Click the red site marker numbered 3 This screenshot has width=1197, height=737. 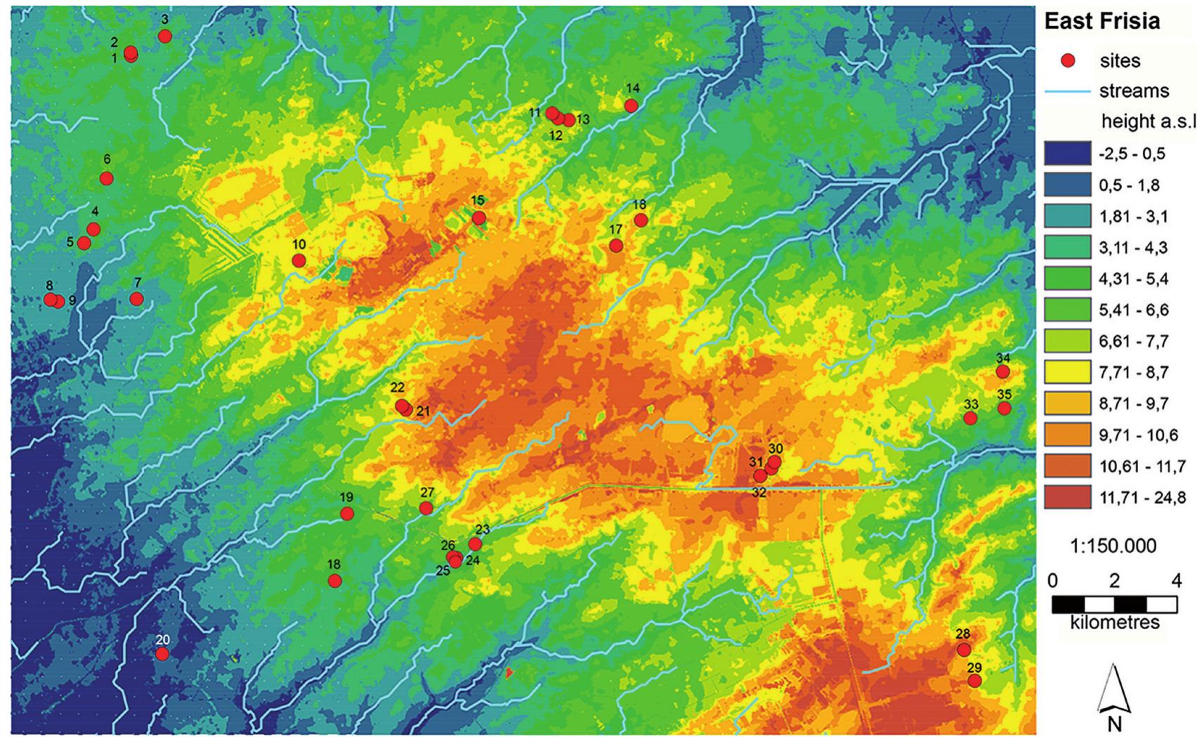[165, 36]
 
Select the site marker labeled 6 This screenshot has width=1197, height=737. [107, 178]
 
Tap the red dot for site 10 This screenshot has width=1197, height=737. [299, 260]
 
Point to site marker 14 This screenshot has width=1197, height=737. [631, 105]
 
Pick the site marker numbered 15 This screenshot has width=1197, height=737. [478, 218]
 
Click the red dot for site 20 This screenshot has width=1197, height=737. [162, 653]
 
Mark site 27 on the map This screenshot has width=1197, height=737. [426, 508]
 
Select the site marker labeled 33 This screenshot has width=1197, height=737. [970, 418]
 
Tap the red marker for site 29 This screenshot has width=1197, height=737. [974, 681]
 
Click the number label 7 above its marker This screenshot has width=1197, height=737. [138, 283]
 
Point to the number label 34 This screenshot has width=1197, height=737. [1002, 358]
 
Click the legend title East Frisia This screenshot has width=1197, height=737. [1101, 21]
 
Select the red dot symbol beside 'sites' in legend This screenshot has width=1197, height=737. [1068, 61]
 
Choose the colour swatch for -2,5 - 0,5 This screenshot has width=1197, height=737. [1067, 154]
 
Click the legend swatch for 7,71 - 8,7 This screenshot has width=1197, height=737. [1067, 372]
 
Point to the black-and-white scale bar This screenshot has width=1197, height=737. [1115, 604]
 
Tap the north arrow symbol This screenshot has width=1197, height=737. [1115, 691]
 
